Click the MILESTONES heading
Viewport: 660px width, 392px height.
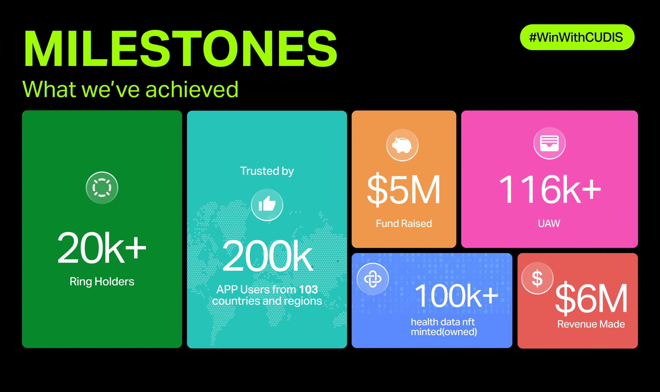tap(180, 49)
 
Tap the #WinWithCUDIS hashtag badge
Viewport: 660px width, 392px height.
tap(577, 37)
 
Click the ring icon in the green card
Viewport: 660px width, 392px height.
tap(102, 188)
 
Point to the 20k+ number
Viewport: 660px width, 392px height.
tap(102, 247)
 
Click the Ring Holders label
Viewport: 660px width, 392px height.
tap(102, 281)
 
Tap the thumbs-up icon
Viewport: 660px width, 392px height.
tap(267, 205)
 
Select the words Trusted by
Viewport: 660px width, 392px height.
tap(267, 171)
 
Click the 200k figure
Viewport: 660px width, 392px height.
tap(267, 256)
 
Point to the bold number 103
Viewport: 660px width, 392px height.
tap(308, 289)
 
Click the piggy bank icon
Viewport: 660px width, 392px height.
tap(402, 145)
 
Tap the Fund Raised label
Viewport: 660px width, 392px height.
tap(404, 223)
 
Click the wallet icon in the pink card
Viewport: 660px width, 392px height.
tap(549, 143)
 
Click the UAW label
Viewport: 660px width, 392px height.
tap(549, 223)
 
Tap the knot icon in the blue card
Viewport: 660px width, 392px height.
tap(373, 279)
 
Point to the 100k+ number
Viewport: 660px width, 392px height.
tap(456, 296)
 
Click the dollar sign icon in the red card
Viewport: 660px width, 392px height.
tap(537, 278)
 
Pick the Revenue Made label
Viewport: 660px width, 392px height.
tap(591, 324)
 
